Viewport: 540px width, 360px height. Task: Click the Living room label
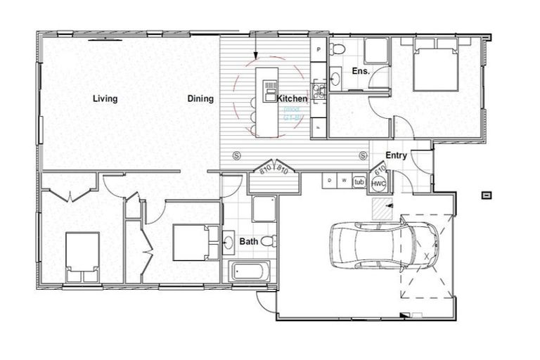pos(105,98)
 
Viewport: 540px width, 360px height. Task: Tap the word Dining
pos(200,98)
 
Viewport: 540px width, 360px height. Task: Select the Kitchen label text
pos(292,98)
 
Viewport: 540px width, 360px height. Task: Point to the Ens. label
pos(341,71)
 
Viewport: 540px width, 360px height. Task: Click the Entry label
pos(396,155)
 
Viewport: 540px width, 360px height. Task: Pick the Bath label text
pos(249,241)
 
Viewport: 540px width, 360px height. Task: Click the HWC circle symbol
pos(378,183)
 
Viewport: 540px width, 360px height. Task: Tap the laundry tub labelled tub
pos(359,181)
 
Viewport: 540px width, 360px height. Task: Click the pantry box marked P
pos(319,50)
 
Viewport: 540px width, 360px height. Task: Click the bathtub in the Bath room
pos(249,271)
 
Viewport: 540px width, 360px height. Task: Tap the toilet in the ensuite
pos(337,50)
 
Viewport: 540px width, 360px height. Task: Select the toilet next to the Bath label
pos(267,241)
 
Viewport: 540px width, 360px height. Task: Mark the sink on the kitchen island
pos(270,89)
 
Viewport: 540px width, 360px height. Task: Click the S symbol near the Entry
pos(363,155)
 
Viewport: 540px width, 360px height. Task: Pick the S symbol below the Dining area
pos(236,155)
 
